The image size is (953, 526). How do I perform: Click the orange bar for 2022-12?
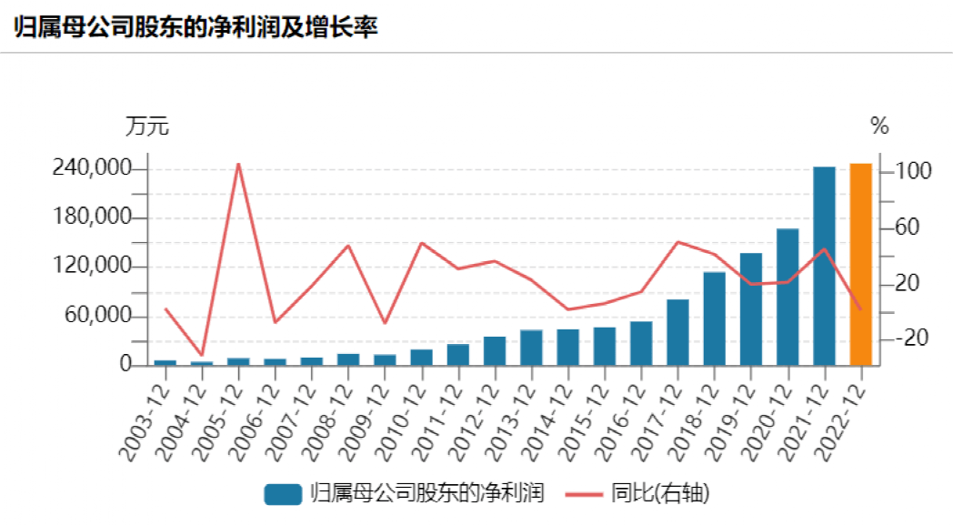pos(860,265)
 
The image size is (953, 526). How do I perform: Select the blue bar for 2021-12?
pos(824,266)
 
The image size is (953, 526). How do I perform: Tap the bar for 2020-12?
pos(787,297)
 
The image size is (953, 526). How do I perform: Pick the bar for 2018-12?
pos(714,319)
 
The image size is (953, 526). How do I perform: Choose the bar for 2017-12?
pos(677,332)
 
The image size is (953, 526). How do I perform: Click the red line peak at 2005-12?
pos(238,164)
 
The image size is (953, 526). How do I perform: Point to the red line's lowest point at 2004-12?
pos(202,355)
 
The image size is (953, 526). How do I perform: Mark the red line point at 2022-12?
pos(860,309)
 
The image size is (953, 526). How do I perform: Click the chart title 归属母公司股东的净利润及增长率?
pos(196,26)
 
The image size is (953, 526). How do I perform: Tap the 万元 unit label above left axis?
pos(146,126)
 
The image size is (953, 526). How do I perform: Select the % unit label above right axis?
pos(878,126)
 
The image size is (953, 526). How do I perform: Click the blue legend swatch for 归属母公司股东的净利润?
pos(283,494)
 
